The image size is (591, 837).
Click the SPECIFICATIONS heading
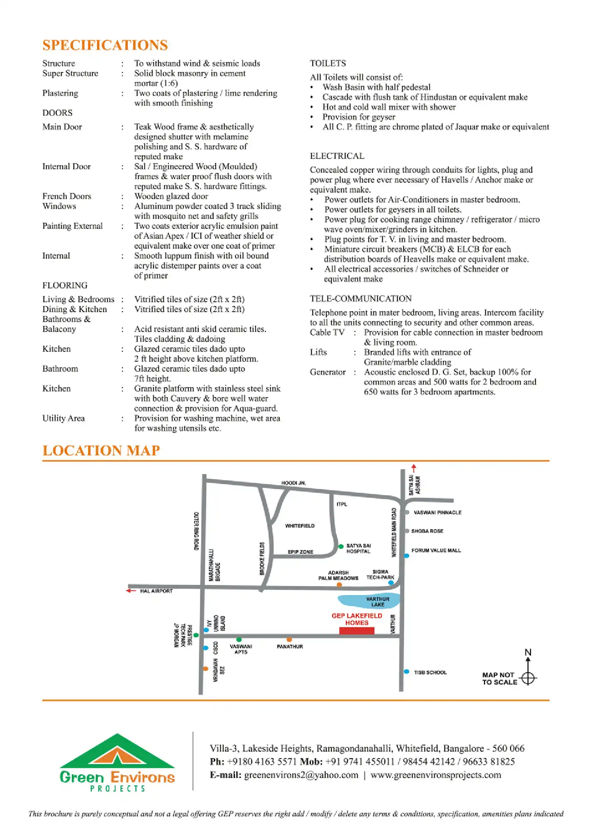[x=105, y=45]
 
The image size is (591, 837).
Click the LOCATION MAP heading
[x=101, y=450]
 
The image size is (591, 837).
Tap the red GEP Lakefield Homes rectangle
[x=357, y=631]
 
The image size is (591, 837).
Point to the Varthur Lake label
[x=377, y=602]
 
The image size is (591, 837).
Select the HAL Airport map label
[x=156, y=591]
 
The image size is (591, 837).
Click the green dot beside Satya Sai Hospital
[x=341, y=547]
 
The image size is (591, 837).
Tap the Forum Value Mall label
[x=436, y=551]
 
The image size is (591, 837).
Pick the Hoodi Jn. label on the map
[x=293, y=483]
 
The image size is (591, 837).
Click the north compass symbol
[x=528, y=678]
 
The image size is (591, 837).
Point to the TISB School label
[x=430, y=672]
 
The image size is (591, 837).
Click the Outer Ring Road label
[x=197, y=531]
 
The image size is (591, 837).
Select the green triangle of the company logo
[x=117, y=751]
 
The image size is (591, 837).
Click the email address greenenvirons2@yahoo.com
[x=301, y=775]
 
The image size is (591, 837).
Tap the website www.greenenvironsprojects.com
[x=435, y=775]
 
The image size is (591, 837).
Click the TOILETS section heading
[x=328, y=63]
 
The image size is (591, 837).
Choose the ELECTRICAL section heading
[x=337, y=156]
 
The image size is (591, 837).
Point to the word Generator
[x=327, y=372]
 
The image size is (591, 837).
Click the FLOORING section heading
[x=65, y=286]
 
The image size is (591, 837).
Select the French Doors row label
[x=66, y=196]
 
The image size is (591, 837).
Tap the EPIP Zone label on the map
[x=300, y=552]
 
